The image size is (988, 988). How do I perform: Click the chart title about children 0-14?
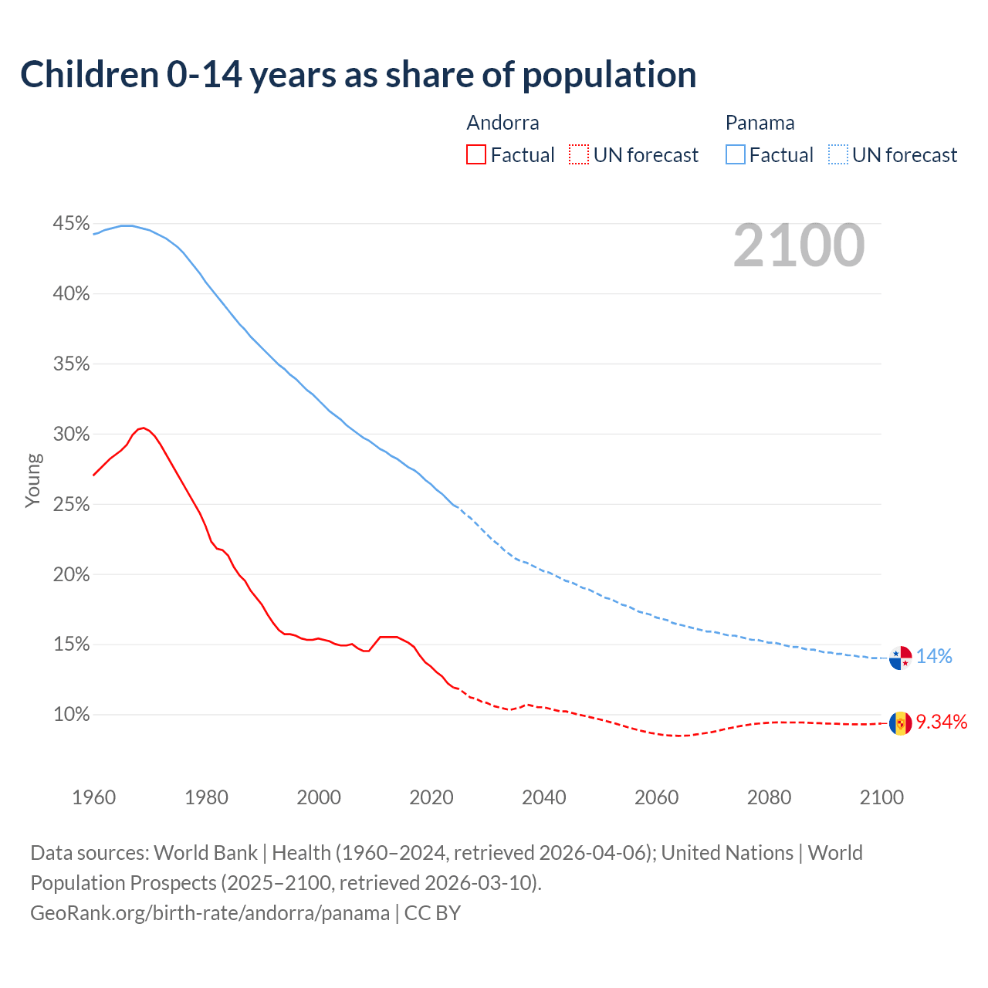[x=358, y=75]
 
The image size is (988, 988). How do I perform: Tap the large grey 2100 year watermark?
[x=799, y=245]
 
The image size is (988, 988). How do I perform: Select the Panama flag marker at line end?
[x=900, y=658]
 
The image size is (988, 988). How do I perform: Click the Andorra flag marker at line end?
[x=900, y=723]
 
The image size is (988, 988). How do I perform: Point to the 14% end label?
[x=934, y=657]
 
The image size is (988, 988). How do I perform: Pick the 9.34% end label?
[x=942, y=722]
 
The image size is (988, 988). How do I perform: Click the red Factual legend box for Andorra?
[x=476, y=155]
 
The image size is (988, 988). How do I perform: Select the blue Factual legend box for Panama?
[x=735, y=155]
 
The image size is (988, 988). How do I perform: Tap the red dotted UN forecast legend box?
[x=579, y=155]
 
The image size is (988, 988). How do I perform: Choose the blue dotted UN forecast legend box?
[x=837, y=155]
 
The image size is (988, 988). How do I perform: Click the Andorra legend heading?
[x=502, y=123]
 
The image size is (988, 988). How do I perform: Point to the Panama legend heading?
[x=760, y=123]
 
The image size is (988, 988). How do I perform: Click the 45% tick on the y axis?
[x=71, y=224]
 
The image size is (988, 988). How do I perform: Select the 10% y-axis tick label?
[x=71, y=715]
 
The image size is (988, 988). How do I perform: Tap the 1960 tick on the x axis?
[x=93, y=797]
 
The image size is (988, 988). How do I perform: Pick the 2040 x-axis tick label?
[x=543, y=797]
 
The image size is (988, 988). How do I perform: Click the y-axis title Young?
[x=33, y=480]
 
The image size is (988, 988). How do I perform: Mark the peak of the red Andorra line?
[x=143, y=428]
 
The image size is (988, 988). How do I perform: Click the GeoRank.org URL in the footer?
[x=210, y=913]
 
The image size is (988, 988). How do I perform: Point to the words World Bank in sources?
[x=205, y=853]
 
